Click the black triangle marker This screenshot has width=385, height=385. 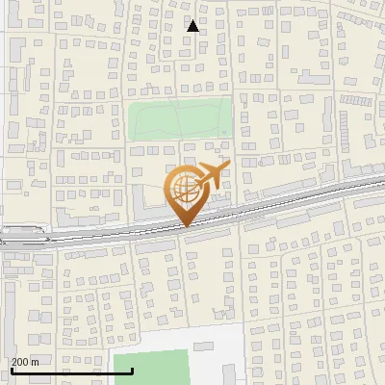point(192,26)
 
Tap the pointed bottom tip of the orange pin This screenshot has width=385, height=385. point(184,227)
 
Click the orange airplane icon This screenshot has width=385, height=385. point(212,175)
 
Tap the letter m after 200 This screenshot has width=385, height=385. point(36,362)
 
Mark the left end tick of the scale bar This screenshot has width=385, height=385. point(11,370)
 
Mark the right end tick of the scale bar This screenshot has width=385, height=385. point(105,370)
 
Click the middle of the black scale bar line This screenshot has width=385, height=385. point(58,371)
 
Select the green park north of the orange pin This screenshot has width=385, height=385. point(180,119)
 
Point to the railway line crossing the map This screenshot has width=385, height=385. point(289,197)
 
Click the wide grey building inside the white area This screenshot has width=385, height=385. point(204,345)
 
